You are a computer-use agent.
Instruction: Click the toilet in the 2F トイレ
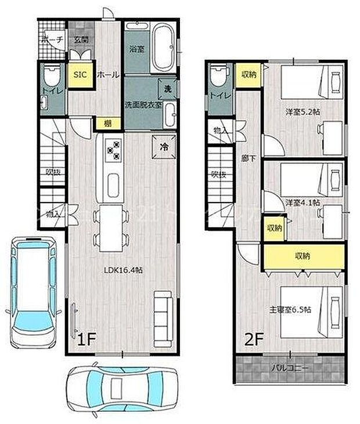pos(218,77)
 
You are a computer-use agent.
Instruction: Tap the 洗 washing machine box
pos(167,89)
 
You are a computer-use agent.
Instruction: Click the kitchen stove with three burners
pos(113,150)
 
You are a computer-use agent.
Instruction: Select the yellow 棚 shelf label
pos(108,123)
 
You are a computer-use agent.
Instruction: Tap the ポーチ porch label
pos(52,39)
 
